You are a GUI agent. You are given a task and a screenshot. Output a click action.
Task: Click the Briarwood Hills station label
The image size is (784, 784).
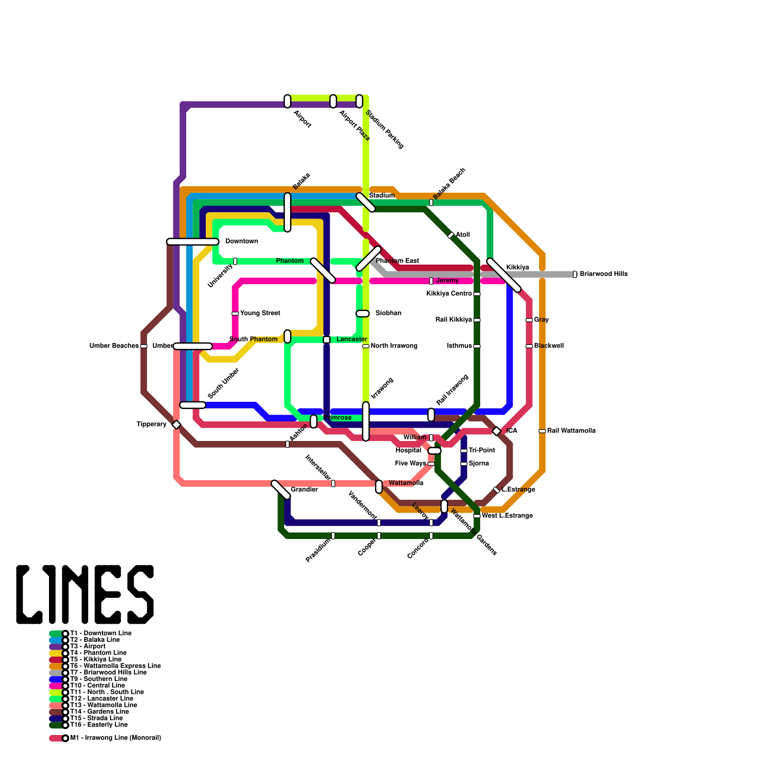click(x=603, y=274)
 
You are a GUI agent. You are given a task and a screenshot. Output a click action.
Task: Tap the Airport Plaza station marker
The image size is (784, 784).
click(x=333, y=101)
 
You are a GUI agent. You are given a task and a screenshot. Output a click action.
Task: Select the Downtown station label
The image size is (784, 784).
click(x=242, y=241)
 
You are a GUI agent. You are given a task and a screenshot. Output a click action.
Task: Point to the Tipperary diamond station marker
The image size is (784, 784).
click(x=176, y=425)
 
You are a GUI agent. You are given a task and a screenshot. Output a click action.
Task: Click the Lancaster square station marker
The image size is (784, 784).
click(x=327, y=340)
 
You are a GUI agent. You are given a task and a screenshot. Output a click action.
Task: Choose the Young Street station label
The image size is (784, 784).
click(x=260, y=313)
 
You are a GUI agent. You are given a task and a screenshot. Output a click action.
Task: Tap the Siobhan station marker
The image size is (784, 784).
click(x=363, y=314)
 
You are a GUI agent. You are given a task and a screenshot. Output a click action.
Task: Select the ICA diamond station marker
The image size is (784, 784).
click(x=496, y=431)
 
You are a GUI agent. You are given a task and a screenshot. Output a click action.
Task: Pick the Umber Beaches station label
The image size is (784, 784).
click(x=114, y=346)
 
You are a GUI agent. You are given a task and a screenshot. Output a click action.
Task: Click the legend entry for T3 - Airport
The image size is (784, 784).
click(x=88, y=646)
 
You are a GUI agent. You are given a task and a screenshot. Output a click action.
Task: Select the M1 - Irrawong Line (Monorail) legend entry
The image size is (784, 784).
click(x=116, y=738)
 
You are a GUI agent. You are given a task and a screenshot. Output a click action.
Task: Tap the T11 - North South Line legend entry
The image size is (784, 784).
click(x=107, y=692)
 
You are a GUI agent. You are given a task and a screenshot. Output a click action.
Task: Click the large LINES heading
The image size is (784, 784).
click(x=85, y=594)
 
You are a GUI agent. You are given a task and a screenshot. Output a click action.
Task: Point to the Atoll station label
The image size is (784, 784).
click(x=463, y=235)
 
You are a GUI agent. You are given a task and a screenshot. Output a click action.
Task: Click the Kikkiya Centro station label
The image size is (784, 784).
click(x=449, y=294)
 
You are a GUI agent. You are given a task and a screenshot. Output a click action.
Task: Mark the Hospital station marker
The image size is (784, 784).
click(x=435, y=451)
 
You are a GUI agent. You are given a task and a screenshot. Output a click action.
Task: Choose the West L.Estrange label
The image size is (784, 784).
click(x=507, y=516)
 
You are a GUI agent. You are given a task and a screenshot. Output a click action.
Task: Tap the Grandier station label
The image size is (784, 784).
click(x=304, y=490)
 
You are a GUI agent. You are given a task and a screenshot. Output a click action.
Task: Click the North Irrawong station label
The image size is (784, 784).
click(x=394, y=346)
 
